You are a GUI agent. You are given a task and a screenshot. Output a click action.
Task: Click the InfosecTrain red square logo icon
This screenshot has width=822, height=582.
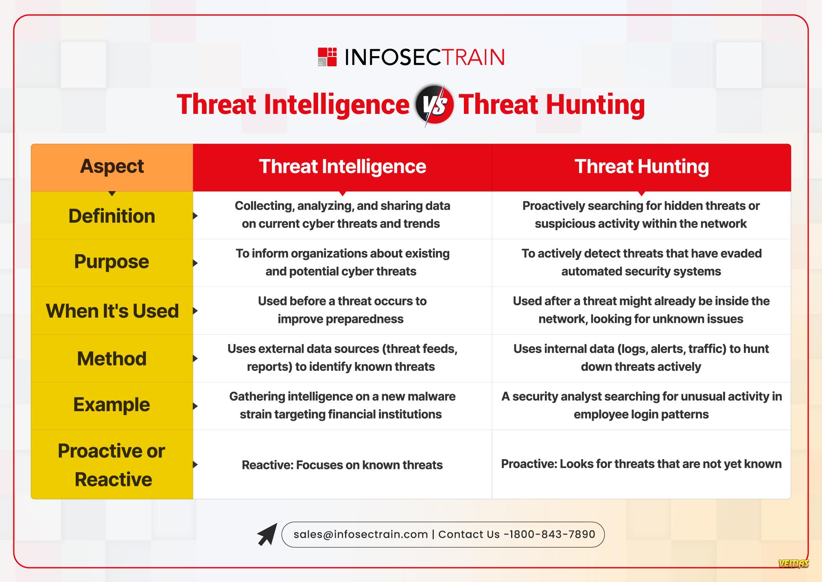click(x=327, y=57)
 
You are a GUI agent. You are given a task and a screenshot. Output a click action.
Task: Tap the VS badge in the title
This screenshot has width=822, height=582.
click(x=434, y=105)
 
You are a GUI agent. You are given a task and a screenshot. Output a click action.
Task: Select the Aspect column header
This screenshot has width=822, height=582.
click(x=112, y=166)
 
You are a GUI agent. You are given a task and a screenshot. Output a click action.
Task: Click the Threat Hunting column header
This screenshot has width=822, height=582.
click(x=641, y=166)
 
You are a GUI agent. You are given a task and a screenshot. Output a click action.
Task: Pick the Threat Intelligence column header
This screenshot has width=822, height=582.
click(x=342, y=166)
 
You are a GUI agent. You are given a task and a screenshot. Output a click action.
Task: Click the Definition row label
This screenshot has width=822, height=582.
click(x=112, y=216)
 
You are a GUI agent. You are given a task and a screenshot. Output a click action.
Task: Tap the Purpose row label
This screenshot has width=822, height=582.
click(x=111, y=262)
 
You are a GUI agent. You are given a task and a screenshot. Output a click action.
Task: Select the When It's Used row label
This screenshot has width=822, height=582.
click(x=112, y=311)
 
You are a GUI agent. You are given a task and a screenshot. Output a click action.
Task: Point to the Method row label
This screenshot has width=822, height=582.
click(x=112, y=359)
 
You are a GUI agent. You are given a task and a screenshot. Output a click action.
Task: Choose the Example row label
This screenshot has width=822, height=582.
click(x=111, y=405)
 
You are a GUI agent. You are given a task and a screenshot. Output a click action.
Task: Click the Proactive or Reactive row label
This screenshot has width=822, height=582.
click(x=112, y=465)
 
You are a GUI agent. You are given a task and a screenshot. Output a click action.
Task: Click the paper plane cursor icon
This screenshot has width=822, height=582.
click(x=267, y=534)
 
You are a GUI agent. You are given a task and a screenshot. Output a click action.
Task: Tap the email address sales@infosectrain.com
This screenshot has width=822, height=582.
click(x=361, y=534)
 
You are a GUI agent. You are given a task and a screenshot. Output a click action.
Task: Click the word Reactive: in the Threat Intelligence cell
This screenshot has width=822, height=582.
click(x=267, y=465)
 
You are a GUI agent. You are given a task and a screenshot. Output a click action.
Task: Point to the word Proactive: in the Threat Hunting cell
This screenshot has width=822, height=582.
click(x=529, y=464)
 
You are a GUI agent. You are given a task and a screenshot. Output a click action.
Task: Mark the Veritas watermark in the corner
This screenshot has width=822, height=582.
click(x=793, y=564)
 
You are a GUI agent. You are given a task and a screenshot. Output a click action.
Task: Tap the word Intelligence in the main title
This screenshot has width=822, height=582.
click(x=337, y=105)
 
